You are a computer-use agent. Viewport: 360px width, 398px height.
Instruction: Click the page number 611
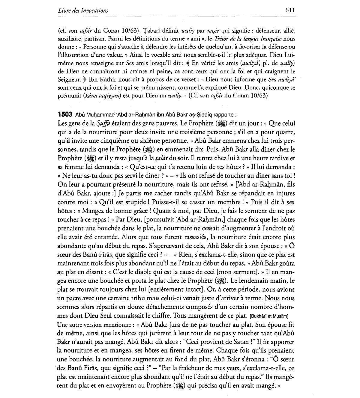(x=290, y=10)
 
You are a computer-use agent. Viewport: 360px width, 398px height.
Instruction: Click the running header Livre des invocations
(x=83, y=10)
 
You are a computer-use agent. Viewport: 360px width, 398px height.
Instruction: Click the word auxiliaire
(x=68, y=39)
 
